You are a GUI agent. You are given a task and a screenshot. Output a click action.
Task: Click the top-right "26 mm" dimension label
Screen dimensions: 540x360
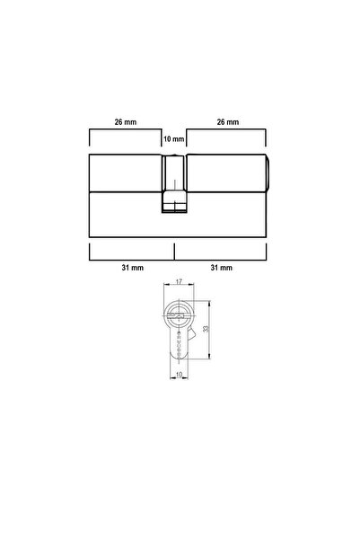pyautogui.click(x=227, y=121)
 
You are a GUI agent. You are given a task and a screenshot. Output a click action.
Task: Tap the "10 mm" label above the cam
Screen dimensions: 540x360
pyautogui.click(x=173, y=139)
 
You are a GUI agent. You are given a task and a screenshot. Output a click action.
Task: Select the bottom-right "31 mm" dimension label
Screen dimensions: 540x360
pyautogui.click(x=221, y=268)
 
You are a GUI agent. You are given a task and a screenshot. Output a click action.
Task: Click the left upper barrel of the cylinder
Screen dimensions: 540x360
pyautogui.click(x=126, y=173)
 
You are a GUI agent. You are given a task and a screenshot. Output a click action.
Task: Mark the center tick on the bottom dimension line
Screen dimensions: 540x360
pyautogui.click(x=175, y=251)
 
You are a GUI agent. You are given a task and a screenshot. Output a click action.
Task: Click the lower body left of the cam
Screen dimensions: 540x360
pyautogui.click(x=126, y=214)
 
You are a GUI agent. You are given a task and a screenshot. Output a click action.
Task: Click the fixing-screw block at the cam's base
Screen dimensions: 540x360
pyautogui.click(x=174, y=206)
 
